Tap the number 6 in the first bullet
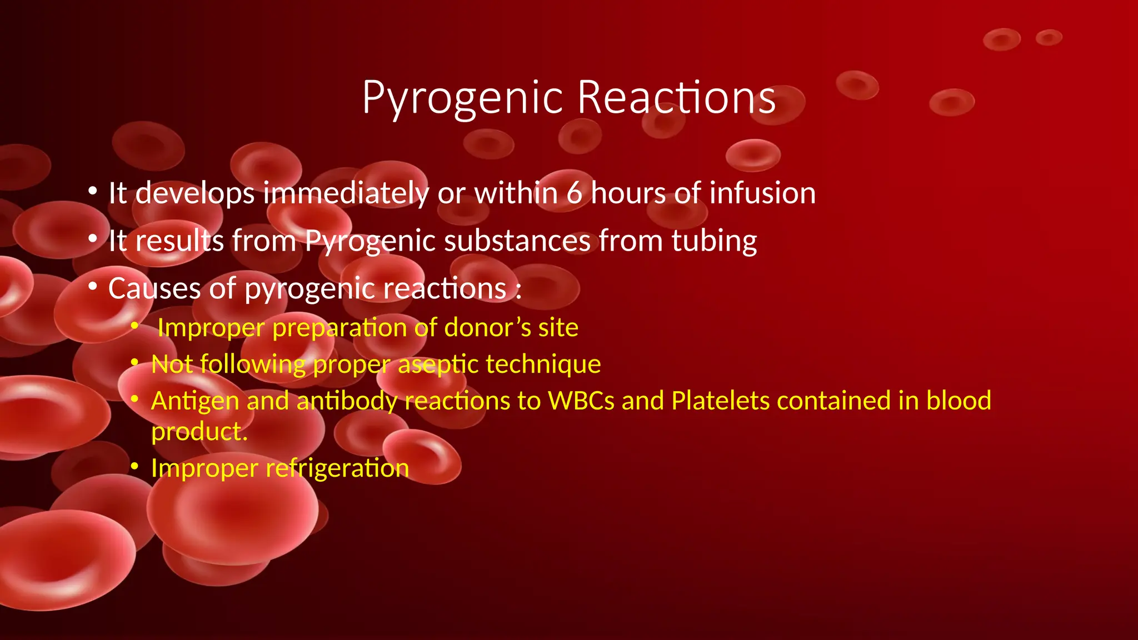574,193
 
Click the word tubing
714,241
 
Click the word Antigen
195,401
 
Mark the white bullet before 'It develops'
93,192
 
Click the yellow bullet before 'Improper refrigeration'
134,467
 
